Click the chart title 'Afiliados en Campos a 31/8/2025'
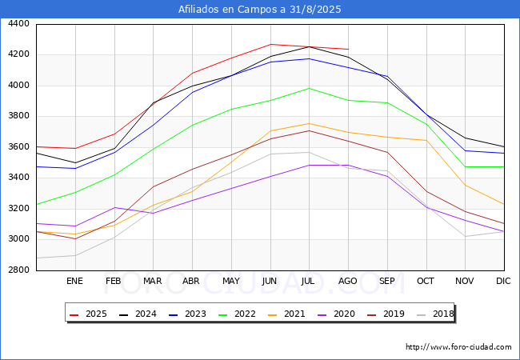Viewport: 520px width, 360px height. (x=260, y=10)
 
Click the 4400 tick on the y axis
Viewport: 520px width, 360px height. (x=18, y=24)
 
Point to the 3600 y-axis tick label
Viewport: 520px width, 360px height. (x=18, y=147)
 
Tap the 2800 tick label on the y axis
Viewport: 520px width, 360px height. (x=18, y=270)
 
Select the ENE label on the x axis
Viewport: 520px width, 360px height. (x=74, y=281)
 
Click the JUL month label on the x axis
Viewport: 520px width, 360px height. (x=309, y=281)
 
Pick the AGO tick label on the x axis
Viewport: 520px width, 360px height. (x=348, y=281)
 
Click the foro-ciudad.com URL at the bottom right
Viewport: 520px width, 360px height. (x=458, y=347)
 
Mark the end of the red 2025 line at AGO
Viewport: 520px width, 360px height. (x=348, y=50)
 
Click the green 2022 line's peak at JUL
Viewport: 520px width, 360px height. (x=309, y=88)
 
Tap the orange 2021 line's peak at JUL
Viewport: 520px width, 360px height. (x=309, y=123)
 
